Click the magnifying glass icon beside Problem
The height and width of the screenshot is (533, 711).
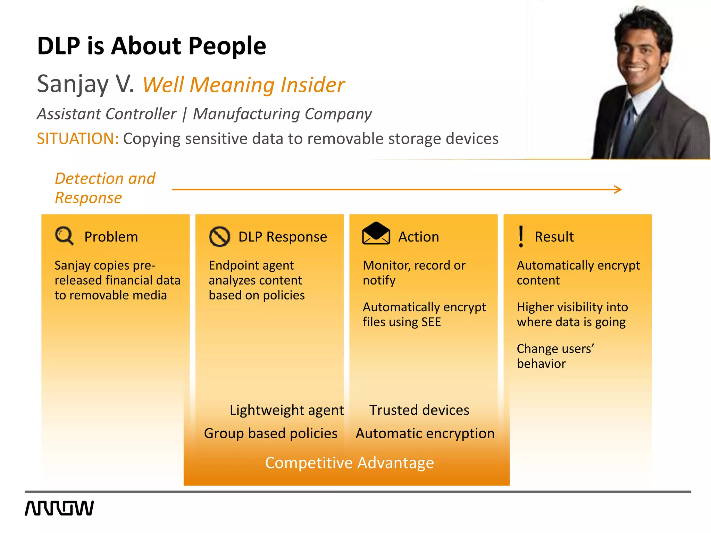[x=64, y=236]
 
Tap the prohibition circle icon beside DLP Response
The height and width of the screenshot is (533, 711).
[x=219, y=237]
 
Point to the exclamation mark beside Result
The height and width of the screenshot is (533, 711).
[x=521, y=236]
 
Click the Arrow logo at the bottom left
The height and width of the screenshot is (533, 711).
[x=59, y=508]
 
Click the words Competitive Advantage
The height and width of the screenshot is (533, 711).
[x=349, y=463]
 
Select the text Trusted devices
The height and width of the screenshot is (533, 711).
[x=419, y=410]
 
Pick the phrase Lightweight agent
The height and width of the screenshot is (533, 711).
[x=287, y=410]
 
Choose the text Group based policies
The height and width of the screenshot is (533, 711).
[x=271, y=433]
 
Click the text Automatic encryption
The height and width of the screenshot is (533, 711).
[x=425, y=433]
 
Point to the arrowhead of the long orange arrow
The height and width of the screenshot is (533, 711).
[x=618, y=189]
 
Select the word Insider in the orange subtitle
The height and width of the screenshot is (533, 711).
[x=312, y=85]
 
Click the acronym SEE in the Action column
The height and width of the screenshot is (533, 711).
[x=431, y=322]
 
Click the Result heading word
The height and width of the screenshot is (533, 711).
[x=554, y=237]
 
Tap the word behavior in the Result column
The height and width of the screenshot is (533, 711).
[x=541, y=364]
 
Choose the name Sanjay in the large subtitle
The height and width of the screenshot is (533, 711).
[x=73, y=84]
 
